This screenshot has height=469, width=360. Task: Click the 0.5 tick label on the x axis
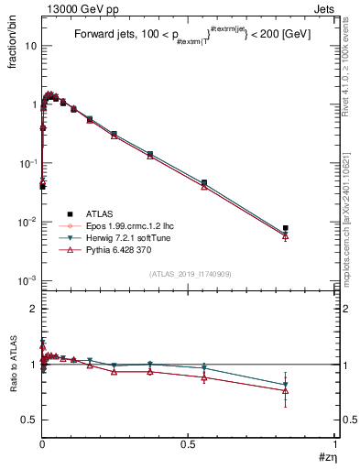189,444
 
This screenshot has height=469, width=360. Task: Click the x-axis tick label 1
336,444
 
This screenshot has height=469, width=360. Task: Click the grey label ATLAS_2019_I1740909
190,274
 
